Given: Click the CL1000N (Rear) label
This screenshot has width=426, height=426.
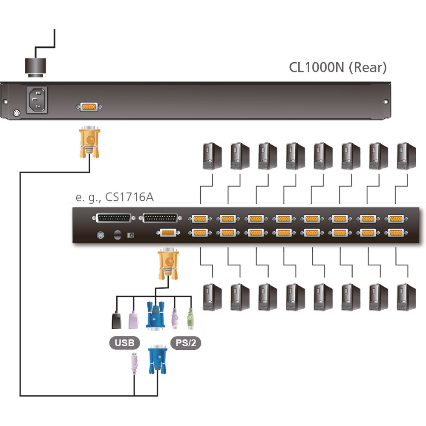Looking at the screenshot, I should (338, 67).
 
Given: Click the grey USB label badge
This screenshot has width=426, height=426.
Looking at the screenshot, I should (124, 342).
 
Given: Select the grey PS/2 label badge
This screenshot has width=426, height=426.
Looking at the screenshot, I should (186, 342).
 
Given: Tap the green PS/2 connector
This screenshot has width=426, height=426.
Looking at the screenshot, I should (190, 319).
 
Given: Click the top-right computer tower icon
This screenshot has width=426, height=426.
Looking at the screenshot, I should (406, 156).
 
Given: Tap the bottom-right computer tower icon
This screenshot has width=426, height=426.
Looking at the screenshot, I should (406, 296).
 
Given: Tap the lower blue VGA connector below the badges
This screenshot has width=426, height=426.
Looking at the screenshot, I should (157, 360).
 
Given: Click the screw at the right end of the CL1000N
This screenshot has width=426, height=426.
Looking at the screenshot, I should (386, 102).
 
